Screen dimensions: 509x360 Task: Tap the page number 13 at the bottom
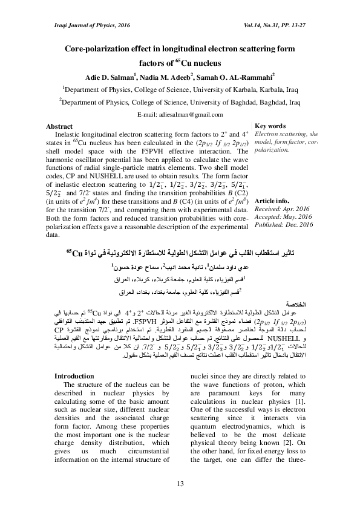[180, 482]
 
